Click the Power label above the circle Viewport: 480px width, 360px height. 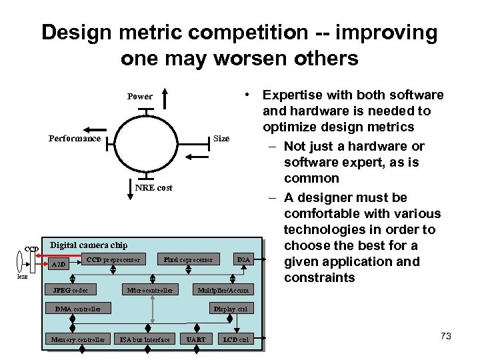coord(140,97)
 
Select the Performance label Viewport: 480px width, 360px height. coord(75,139)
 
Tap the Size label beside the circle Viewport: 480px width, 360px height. coord(221,139)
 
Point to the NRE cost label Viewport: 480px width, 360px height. coord(153,188)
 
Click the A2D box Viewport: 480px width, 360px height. coord(59,264)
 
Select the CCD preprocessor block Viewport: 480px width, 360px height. coord(113,259)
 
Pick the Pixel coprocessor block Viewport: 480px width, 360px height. coord(188,259)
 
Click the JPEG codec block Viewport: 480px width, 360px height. coord(70,290)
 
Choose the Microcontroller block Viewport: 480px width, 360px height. coord(150,290)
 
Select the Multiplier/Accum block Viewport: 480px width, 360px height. coord(223,290)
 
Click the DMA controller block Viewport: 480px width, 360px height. coord(78,309)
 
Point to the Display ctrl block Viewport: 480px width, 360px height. coord(230,309)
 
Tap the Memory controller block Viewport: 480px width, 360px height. coord(78,340)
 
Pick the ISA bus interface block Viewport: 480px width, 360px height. coord(145,340)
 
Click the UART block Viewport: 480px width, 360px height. coord(196,340)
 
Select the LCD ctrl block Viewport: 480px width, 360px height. coord(236,340)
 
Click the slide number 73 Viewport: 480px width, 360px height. coord(446,336)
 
